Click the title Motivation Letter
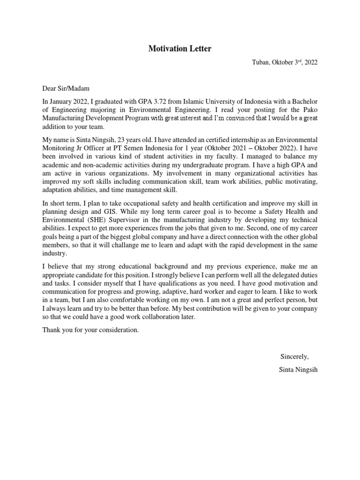pyautogui.click(x=180, y=49)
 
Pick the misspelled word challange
pyautogui.click(x=151, y=245)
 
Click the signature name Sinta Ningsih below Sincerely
pyautogui.click(x=298, y=370)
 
